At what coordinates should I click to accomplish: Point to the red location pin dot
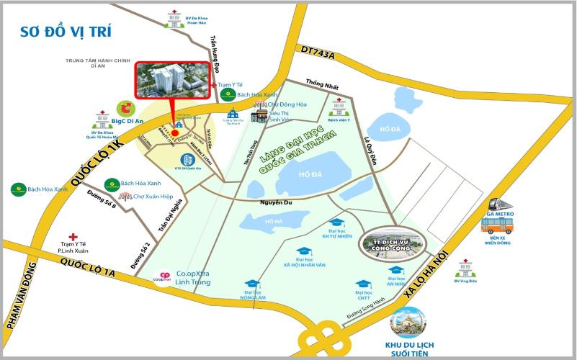(174, 132)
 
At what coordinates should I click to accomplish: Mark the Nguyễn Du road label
(276, 204)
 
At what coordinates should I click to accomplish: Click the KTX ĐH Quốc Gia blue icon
(187, 158)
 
